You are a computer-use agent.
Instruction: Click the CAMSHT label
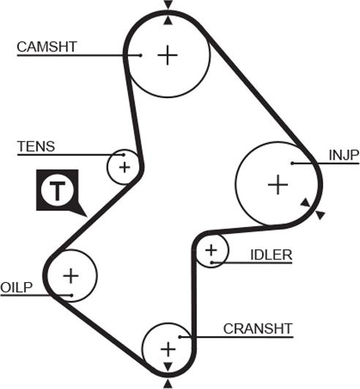[47, 47]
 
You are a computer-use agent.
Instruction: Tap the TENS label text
[36, 147]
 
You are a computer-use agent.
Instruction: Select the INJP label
[344, 155]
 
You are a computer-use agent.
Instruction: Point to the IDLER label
[271, 255]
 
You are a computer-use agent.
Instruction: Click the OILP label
[16, 287]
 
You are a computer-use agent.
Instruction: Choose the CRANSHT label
[258, 329]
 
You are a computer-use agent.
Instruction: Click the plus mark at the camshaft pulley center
[168, 55]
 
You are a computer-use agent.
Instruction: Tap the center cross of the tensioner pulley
[124, 168]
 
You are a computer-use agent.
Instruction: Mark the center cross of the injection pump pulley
[278, 185]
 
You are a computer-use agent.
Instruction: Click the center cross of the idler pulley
[211, 250]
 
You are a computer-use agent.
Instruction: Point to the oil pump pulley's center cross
[71, 276]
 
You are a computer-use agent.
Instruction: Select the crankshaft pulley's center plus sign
[168, 349]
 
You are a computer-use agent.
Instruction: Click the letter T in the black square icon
[58, 190]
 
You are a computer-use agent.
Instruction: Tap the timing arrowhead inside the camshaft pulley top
[168, 21]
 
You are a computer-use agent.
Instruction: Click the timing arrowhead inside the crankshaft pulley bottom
[168, 367]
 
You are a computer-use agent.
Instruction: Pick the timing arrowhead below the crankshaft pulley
[168, 384]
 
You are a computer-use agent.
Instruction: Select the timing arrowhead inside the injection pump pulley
[306, 202]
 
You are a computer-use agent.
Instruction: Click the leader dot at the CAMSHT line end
[140, 56]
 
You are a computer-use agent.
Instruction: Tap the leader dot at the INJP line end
[293, 163]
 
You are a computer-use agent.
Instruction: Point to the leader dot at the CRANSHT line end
[180, 337]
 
